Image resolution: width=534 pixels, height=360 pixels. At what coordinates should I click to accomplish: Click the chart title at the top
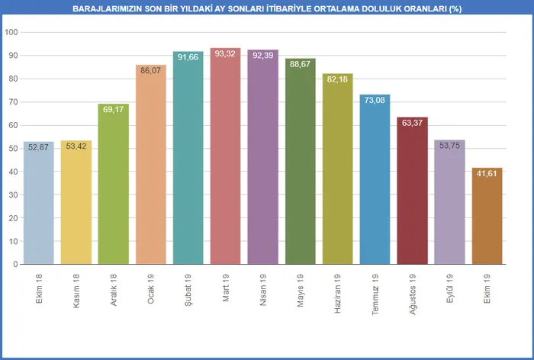[267, 8]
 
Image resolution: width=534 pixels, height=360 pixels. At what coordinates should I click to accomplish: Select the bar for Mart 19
[226, 160]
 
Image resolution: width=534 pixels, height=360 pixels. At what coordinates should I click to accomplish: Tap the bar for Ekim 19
[487, 217]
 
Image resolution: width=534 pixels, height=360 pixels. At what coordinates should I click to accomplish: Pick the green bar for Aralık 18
[114, 187]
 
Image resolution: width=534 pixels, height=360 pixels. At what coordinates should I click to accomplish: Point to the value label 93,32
[226, 53]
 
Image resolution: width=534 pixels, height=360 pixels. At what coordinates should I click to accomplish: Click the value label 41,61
[487, 173]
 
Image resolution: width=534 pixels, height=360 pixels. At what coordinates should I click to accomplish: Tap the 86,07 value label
[151, 70]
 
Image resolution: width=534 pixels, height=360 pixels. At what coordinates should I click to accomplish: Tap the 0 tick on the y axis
[15, 264]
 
